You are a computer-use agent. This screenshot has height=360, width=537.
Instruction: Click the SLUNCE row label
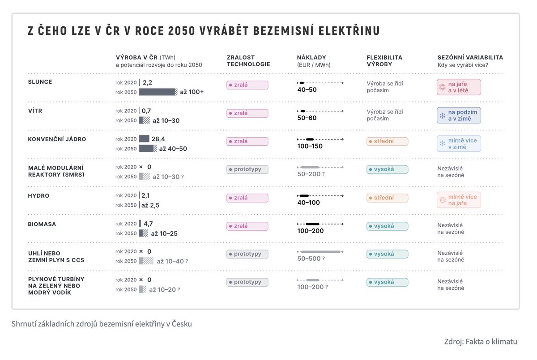40,82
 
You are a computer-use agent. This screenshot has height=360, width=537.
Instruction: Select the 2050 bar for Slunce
158,92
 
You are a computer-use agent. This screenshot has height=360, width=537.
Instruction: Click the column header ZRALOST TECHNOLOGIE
248,61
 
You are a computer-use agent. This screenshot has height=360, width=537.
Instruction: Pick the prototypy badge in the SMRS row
247,169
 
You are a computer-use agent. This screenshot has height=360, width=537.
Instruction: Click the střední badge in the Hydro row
387,198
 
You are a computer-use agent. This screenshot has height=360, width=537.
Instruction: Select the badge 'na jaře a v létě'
459,87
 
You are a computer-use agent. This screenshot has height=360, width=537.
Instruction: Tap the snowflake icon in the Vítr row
443,116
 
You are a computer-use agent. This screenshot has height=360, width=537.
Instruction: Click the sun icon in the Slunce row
443,87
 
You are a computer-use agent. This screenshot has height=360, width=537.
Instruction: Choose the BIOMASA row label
42,224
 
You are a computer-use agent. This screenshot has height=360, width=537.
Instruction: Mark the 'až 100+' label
192,92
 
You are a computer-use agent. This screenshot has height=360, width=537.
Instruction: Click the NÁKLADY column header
311,58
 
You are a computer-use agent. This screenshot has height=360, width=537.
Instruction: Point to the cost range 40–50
307,90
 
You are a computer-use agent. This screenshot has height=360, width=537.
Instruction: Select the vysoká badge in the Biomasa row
387,226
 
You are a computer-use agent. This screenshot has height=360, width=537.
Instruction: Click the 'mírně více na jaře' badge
459,200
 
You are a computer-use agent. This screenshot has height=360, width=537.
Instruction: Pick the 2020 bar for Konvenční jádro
144,139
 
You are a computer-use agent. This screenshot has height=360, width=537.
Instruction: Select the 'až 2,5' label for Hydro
150,205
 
